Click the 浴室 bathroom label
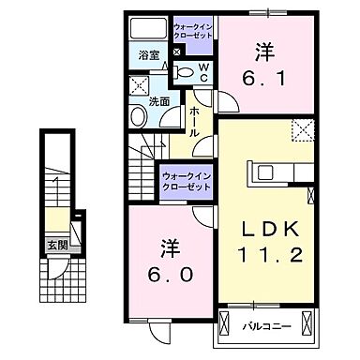point(148,55)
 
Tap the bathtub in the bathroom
point(149,28)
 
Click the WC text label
point(205,72)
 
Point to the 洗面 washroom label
point(158,101)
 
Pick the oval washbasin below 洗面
point(139,116)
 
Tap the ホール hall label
point(193,122)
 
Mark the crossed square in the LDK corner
point(302,130)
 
